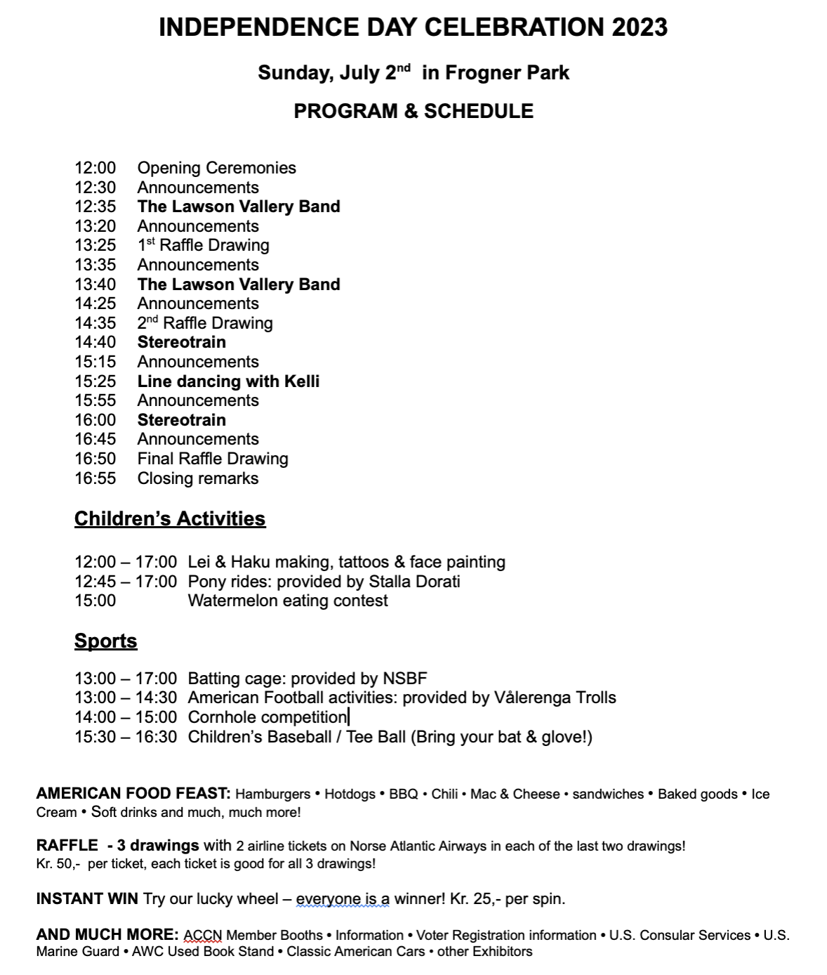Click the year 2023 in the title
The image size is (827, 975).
640,27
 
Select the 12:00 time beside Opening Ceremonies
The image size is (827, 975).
95,168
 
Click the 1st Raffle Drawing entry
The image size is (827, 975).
203,245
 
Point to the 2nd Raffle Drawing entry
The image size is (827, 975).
204,323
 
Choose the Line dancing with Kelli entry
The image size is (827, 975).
228,381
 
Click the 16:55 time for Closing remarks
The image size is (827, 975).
95,478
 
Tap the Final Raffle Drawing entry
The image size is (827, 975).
213,459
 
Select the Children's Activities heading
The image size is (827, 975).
170,518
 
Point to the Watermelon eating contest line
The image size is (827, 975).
288,601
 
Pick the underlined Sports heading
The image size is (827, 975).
106,641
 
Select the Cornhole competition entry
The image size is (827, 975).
267,717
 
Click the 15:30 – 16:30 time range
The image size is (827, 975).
126,737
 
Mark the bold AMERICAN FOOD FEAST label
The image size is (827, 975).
133,794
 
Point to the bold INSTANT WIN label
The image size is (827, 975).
87,899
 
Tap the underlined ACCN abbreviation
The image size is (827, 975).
203,936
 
